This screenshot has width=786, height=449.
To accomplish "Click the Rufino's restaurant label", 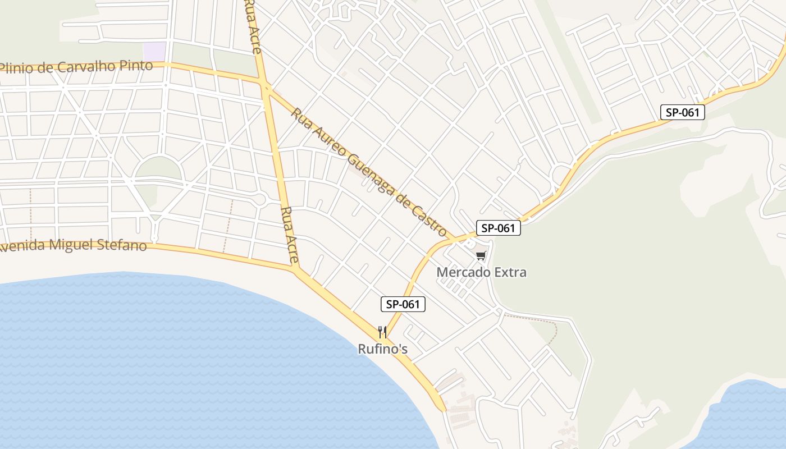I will [x=382, y=349].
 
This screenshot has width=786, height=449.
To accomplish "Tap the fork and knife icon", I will [x=382, y=332].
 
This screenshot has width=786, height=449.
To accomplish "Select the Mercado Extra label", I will [x=482, y=272].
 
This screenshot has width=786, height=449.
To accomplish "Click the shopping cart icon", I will [x=481, y=256].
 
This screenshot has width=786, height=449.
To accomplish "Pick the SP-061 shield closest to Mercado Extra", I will [x=499, y=228].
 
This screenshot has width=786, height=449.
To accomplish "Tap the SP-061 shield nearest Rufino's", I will [x=403, y=304].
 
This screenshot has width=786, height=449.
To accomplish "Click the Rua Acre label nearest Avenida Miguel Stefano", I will [x=289, y=235].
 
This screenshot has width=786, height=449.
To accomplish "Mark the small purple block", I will [x=154, y=52].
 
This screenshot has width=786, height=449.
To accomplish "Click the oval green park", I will [x=159, y=168].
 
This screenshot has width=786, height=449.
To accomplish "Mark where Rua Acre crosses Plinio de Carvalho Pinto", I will [x=263, y=83].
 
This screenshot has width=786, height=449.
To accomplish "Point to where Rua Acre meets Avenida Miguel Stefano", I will [x=295, y=267].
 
